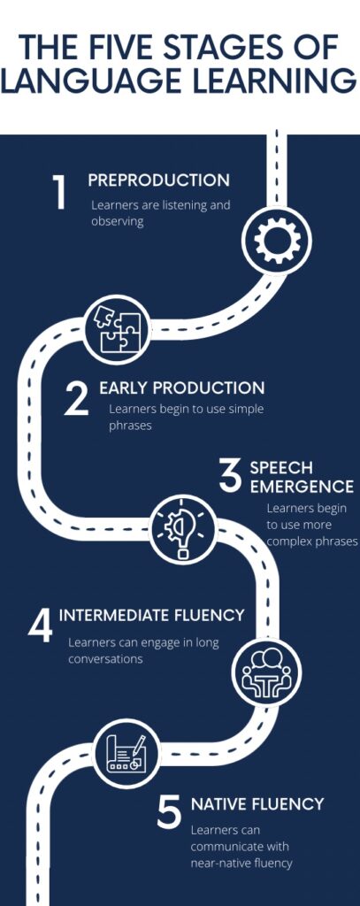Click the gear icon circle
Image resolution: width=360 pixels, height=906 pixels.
pyautogui.click(x=277, y=242)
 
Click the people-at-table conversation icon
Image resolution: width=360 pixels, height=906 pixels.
pyautogui.click(x=266, y=671)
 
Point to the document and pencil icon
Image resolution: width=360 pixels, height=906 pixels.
pyautogui.click(x=126, y=754)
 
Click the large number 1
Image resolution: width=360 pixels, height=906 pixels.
pyautogui.click(x=59, y=192)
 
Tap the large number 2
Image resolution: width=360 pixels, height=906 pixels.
pyautogui.click(x=76, y=399)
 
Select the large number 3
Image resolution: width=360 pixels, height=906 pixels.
pyautogui.click(x=230, y=477)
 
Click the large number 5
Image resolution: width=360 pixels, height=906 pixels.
pyautogui.click(x=169, y=813)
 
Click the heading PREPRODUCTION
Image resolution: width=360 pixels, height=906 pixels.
pyautogui.click(x=159, y=180)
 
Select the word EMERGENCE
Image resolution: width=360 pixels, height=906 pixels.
pyautogui.click(x=302, y=487)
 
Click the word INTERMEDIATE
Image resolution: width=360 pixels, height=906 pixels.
pyautogui.click(x=112, y=615)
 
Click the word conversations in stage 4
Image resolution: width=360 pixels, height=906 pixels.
pyautogui.click(x=105, y=658)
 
